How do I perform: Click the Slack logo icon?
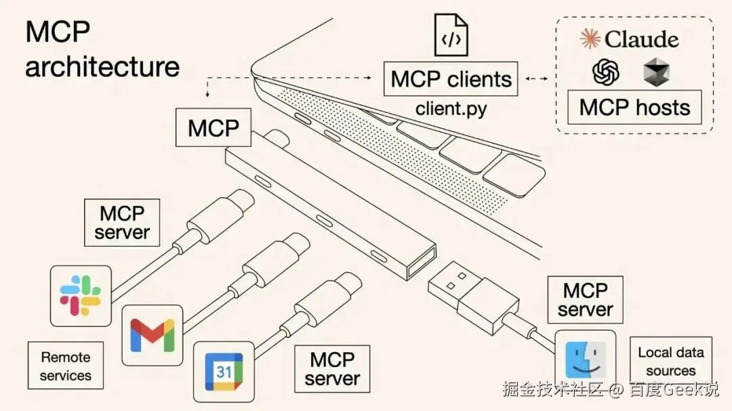click(81, 296)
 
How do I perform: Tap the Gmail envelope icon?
click(152, 334)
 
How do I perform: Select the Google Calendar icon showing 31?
click(224, 371)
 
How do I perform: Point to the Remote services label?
click(65, 366)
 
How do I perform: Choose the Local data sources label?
click(670, 362)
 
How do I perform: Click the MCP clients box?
click(451, 80)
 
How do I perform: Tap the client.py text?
click(451, 108)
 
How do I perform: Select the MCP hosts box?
click(634, 108)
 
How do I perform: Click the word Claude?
click(641, 39)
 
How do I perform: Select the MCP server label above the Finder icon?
click(585, 300)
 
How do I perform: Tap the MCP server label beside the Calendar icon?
click(332, 368)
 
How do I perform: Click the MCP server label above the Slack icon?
click(122, 223)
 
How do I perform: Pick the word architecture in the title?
click(102, 67)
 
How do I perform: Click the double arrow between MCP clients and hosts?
click(537, 80)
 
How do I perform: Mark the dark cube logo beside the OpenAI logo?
click(656, 72)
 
